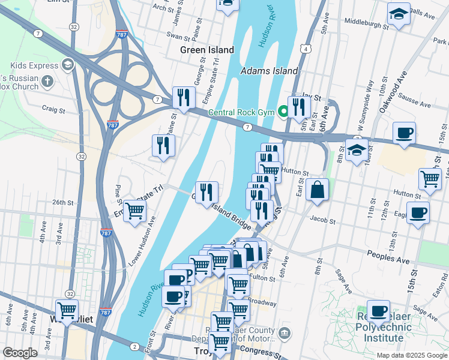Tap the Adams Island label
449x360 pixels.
click(269, 71)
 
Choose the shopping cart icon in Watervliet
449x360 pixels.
click(67, 310)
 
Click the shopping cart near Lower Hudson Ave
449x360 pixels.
click(134, 211)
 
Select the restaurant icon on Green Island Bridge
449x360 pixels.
click(206, 192)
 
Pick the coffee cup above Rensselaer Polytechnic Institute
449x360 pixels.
click(378, 311)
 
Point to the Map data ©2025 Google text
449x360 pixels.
click(411, 355)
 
